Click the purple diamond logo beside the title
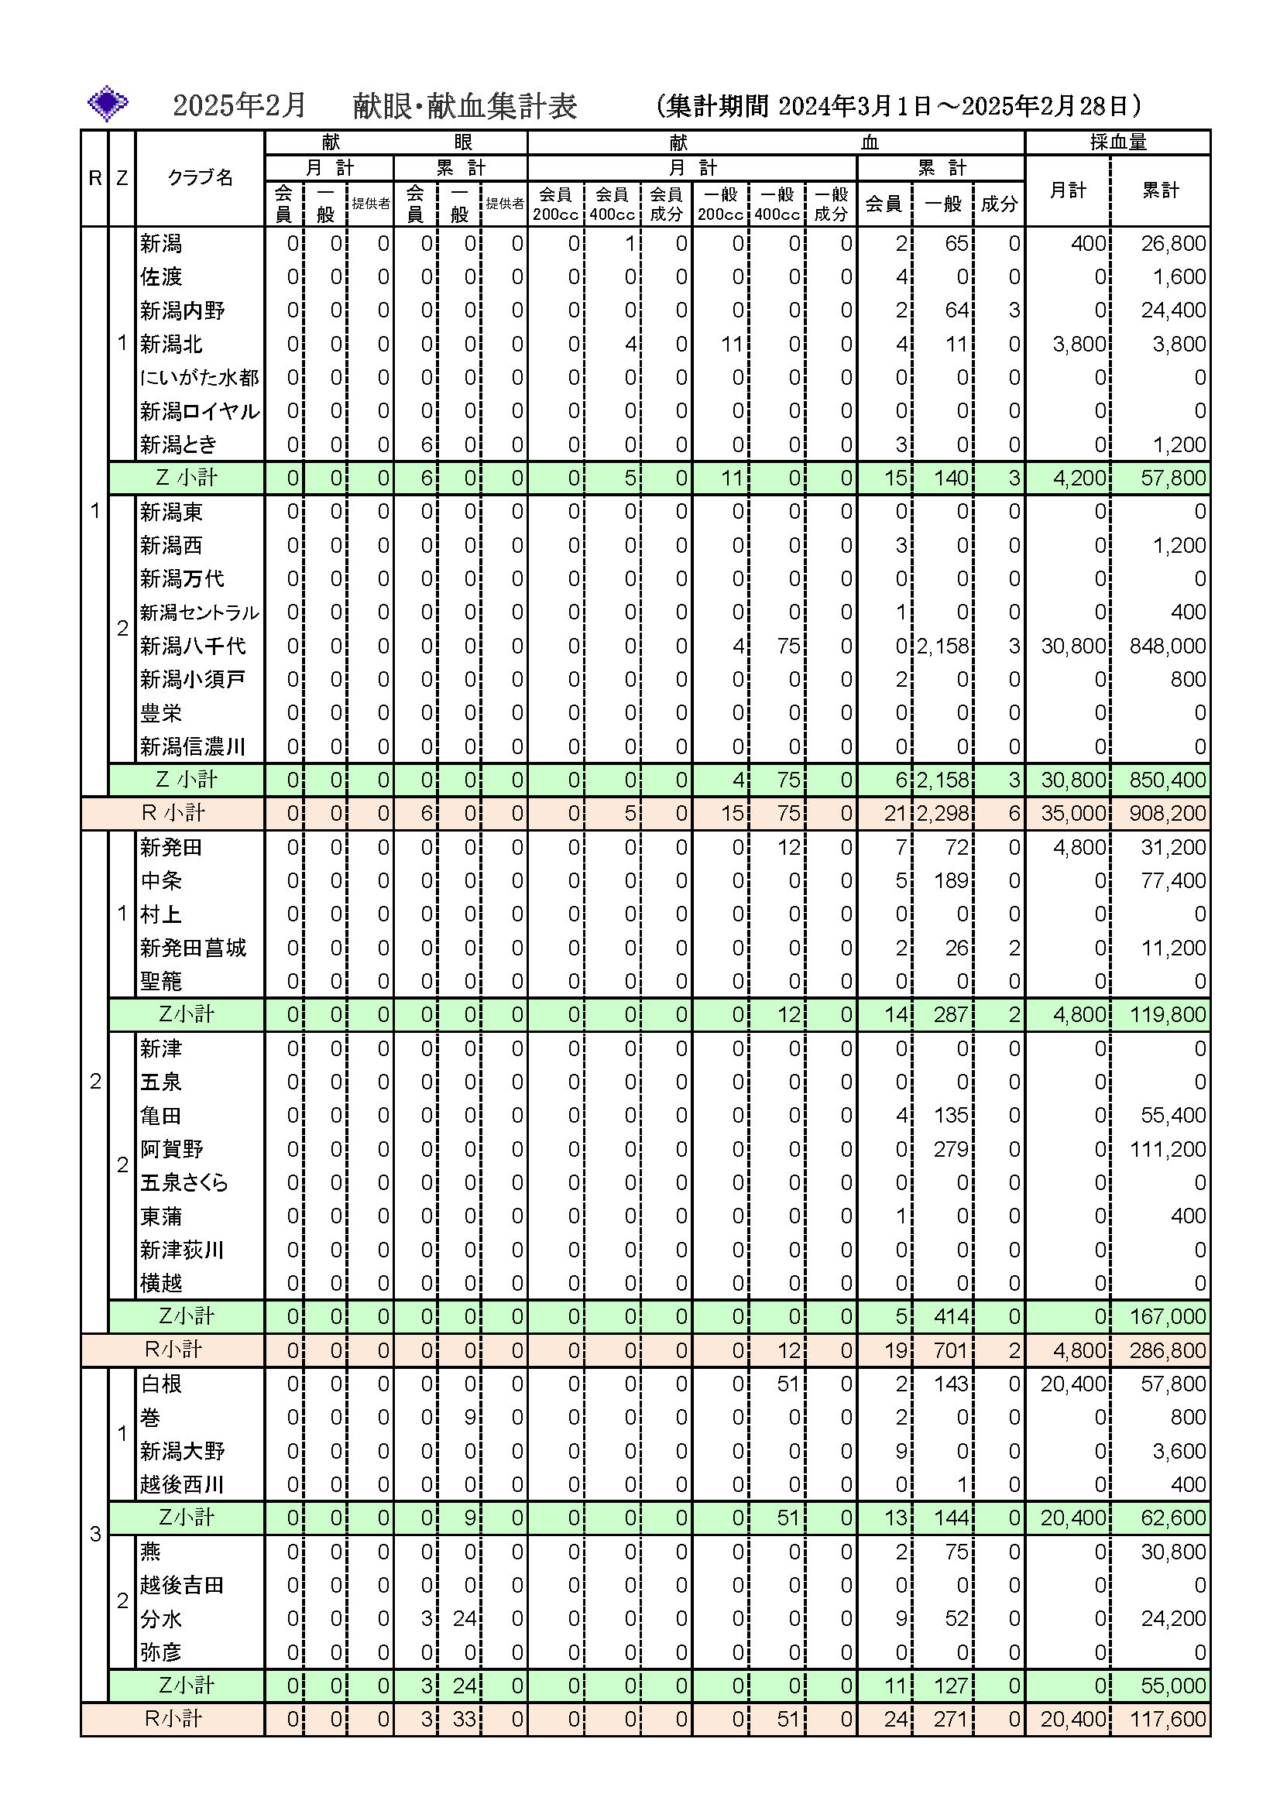coord(108,103)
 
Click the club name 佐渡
coord(161,277)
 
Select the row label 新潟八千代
coord(194,646)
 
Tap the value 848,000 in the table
coord(1167,646)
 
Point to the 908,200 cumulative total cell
coord(1167,813)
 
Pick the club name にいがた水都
coord(200,378)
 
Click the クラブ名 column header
coord(201,178)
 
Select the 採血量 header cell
coord(1117,142)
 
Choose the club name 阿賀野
coord(172,1149)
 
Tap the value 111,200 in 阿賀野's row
coord(1167,1149)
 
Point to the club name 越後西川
coord(182,1484)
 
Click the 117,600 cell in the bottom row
coord(1167,1720)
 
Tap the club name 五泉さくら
coord(184,1182)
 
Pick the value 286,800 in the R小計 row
coord(1167,1350)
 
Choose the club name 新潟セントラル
coord(200,613)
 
